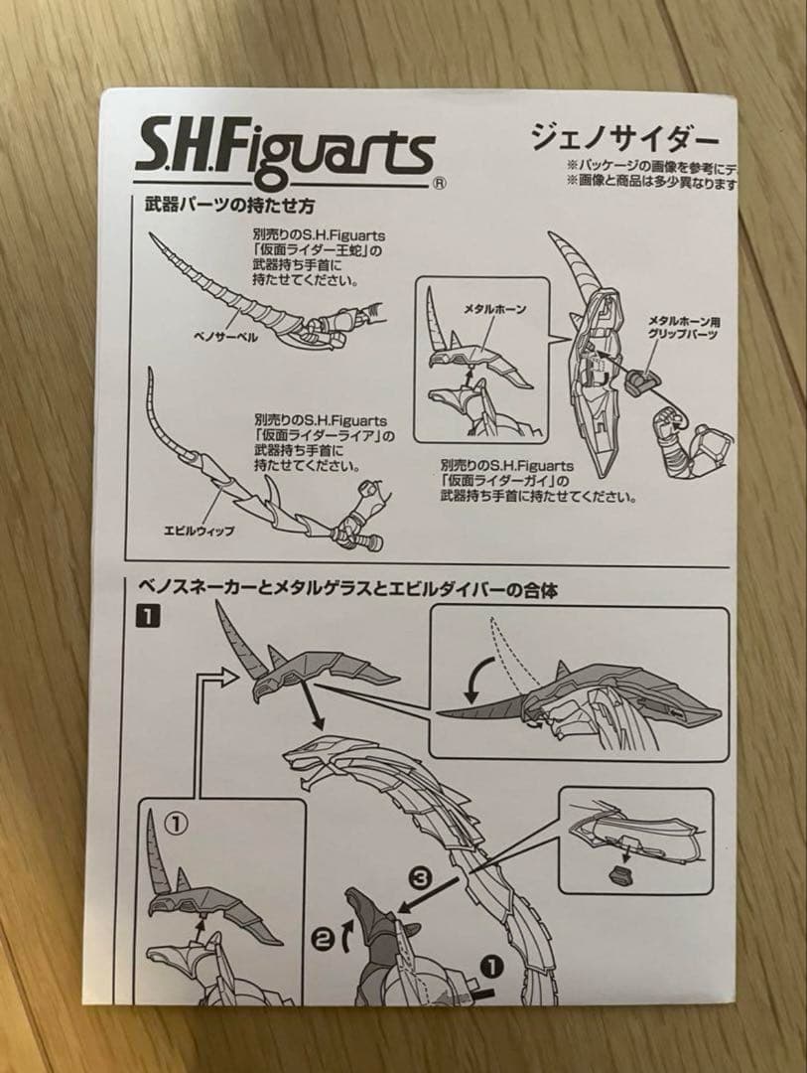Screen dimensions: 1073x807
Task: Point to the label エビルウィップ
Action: tap(199, 531)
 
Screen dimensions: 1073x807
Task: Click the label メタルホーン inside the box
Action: tap(494, 310)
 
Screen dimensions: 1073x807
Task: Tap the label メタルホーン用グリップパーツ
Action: tap(688, 328)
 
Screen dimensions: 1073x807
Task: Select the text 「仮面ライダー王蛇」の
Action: tap(315, 251)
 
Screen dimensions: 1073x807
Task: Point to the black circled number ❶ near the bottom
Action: tap(493, 963)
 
